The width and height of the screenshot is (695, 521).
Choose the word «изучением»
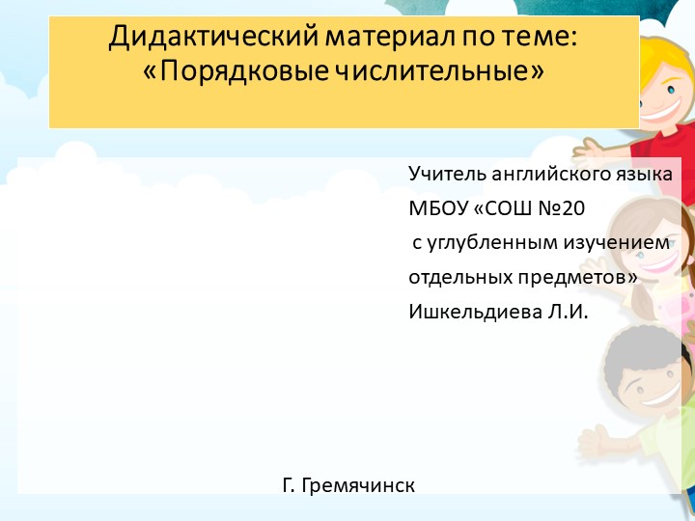click(x=621, y=243)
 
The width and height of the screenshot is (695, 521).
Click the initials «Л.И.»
click(x=567, y=313)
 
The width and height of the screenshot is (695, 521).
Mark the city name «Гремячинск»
click(x=358, y=485)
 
